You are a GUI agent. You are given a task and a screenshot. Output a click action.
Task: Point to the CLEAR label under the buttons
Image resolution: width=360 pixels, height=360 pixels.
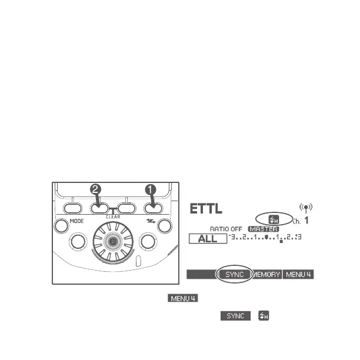coord(113,216)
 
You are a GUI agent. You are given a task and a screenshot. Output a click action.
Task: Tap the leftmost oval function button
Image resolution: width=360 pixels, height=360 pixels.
coord(72,208)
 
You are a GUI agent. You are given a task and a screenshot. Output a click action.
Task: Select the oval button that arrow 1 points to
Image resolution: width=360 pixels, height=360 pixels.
coord(153,208)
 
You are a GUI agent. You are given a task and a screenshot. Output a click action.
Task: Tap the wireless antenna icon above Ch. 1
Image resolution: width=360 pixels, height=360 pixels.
coord(306,208)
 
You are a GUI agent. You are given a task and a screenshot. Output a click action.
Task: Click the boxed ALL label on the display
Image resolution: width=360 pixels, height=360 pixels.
coord(207,238)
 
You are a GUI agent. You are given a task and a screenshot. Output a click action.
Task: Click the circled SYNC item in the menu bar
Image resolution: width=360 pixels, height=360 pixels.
coord(234,275)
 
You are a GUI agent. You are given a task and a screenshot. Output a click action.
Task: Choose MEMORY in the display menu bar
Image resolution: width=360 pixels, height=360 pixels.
coord(267,275)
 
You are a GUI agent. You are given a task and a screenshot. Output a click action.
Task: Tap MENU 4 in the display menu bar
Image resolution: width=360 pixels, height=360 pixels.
coord(298,275)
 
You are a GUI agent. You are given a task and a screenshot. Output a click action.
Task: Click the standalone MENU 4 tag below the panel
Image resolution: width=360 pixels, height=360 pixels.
coord(182,299)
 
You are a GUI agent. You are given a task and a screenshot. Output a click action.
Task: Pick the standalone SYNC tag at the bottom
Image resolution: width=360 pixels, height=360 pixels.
coord(232,316)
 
